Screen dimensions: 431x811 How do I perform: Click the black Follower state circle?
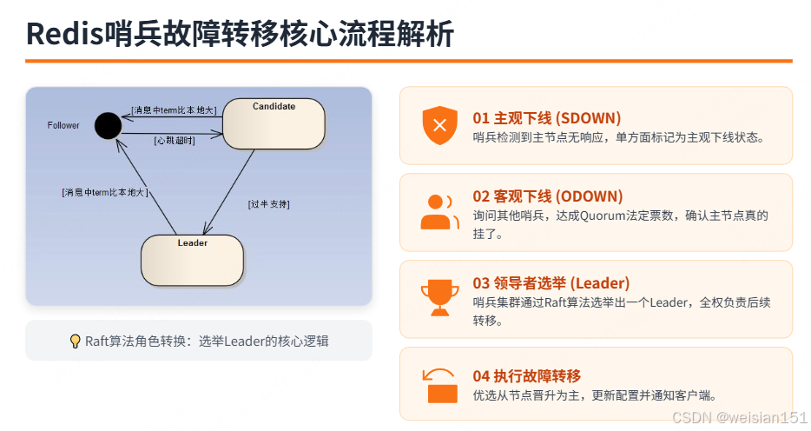click(x=108, y=126)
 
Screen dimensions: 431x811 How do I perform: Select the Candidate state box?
click(x=274, y=123)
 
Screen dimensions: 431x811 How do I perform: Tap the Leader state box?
click(x=192, y=259)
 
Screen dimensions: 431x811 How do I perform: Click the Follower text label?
click(x=63, y=126)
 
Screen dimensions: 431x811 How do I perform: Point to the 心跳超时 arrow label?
click(x=174, y=140)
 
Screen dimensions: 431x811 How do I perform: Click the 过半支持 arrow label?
click(x=269, y=204)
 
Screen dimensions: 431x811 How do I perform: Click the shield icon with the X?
click(x=439, y=126)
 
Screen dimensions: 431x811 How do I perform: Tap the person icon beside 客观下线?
click(x=439, y=211)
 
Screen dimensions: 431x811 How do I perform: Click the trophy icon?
click(x=439, y=298)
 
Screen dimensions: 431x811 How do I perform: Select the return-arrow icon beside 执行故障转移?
click(x=439, y=384)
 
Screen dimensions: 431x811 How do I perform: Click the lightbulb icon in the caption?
click(x=75, y=341)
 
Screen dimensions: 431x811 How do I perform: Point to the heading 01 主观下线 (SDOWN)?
click(x=546, y=117)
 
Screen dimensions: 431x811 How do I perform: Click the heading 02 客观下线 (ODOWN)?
click(x=547, y=196)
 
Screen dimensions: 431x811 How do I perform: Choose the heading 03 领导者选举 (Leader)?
click(x=551, y=283)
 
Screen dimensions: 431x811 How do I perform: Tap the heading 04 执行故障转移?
click(x=526, y=375)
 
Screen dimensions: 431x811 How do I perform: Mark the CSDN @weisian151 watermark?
click(x=740, y=418)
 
